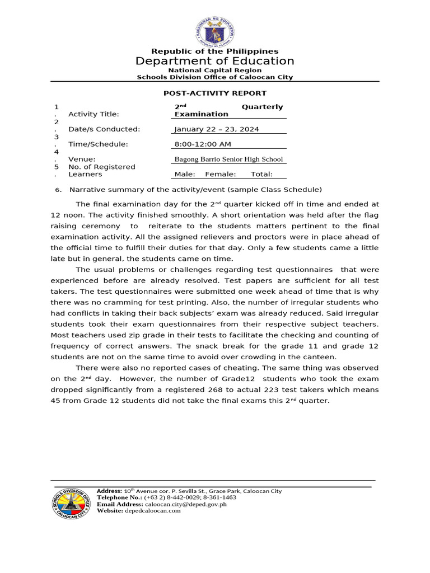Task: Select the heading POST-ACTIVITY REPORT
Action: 215,93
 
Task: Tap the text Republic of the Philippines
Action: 215,51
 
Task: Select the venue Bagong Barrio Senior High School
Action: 229,159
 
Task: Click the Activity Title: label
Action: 94,114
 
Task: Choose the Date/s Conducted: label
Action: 104,129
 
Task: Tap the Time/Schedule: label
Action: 98,144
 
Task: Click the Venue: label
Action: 82,159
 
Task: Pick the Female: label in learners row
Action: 221,175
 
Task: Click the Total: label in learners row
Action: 261,175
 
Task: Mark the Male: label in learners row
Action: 185,175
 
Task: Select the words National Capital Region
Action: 215,71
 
